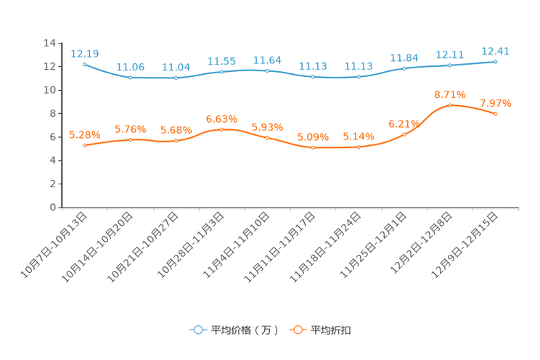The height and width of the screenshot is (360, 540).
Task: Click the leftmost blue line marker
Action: (85, 64)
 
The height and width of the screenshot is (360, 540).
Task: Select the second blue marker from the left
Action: (131, 76)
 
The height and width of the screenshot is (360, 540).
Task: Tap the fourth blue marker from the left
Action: (222, 71)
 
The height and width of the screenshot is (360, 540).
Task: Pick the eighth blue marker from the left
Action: (404, 68)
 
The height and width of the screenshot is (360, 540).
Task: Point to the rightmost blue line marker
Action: (496, 62)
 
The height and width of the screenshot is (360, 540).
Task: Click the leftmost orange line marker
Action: (85, 146)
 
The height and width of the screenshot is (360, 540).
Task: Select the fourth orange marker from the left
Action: (222, 129)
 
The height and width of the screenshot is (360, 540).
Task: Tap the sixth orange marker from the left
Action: (313, 148)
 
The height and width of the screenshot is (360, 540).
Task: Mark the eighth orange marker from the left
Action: (404, 134)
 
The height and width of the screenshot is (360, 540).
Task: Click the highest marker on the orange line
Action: (451, 105)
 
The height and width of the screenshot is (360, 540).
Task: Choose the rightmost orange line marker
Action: (496, 114)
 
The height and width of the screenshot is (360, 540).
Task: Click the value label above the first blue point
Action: (85, 53)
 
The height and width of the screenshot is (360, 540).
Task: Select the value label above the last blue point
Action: (496, 51)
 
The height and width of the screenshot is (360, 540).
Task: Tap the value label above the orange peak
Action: (450, 94)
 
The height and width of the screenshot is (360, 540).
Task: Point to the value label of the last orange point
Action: (496, 104)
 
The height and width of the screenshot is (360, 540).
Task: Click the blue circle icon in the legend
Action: (198, 330)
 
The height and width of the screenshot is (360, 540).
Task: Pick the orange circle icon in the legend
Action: (298, 330)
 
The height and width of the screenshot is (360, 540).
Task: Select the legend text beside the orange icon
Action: (332, 330)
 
